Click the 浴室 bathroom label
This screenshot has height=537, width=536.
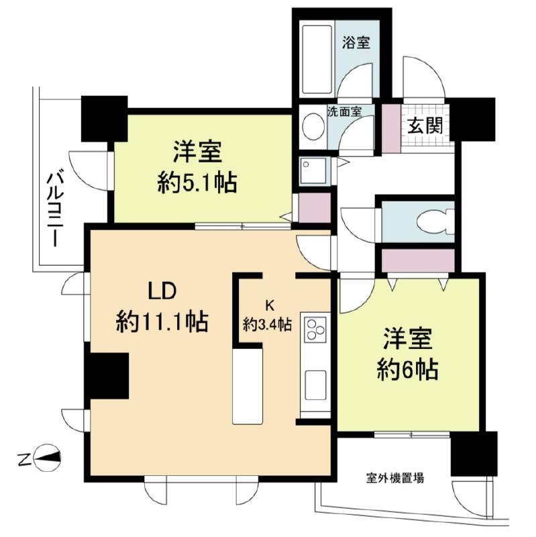tap(356, 43)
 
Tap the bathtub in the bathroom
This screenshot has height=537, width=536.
tap(317, 59)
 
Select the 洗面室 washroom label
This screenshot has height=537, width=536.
tap(344, 111)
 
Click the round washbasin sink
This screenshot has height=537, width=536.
tap(313, 127)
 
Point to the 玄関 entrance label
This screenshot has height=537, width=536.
tap(425, 126)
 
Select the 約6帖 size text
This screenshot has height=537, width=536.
tap(408, 369)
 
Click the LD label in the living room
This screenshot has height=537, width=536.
tap(162, 292)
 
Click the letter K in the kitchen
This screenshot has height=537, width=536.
tap(270, 306)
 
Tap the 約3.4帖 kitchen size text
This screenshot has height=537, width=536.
tap(267, 324)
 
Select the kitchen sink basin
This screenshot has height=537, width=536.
tap(315, 385)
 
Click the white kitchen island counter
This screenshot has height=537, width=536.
tap(248, 387)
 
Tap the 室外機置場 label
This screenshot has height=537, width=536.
tap(395, 478)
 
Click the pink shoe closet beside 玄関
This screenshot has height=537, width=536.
tap(391, 128)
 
